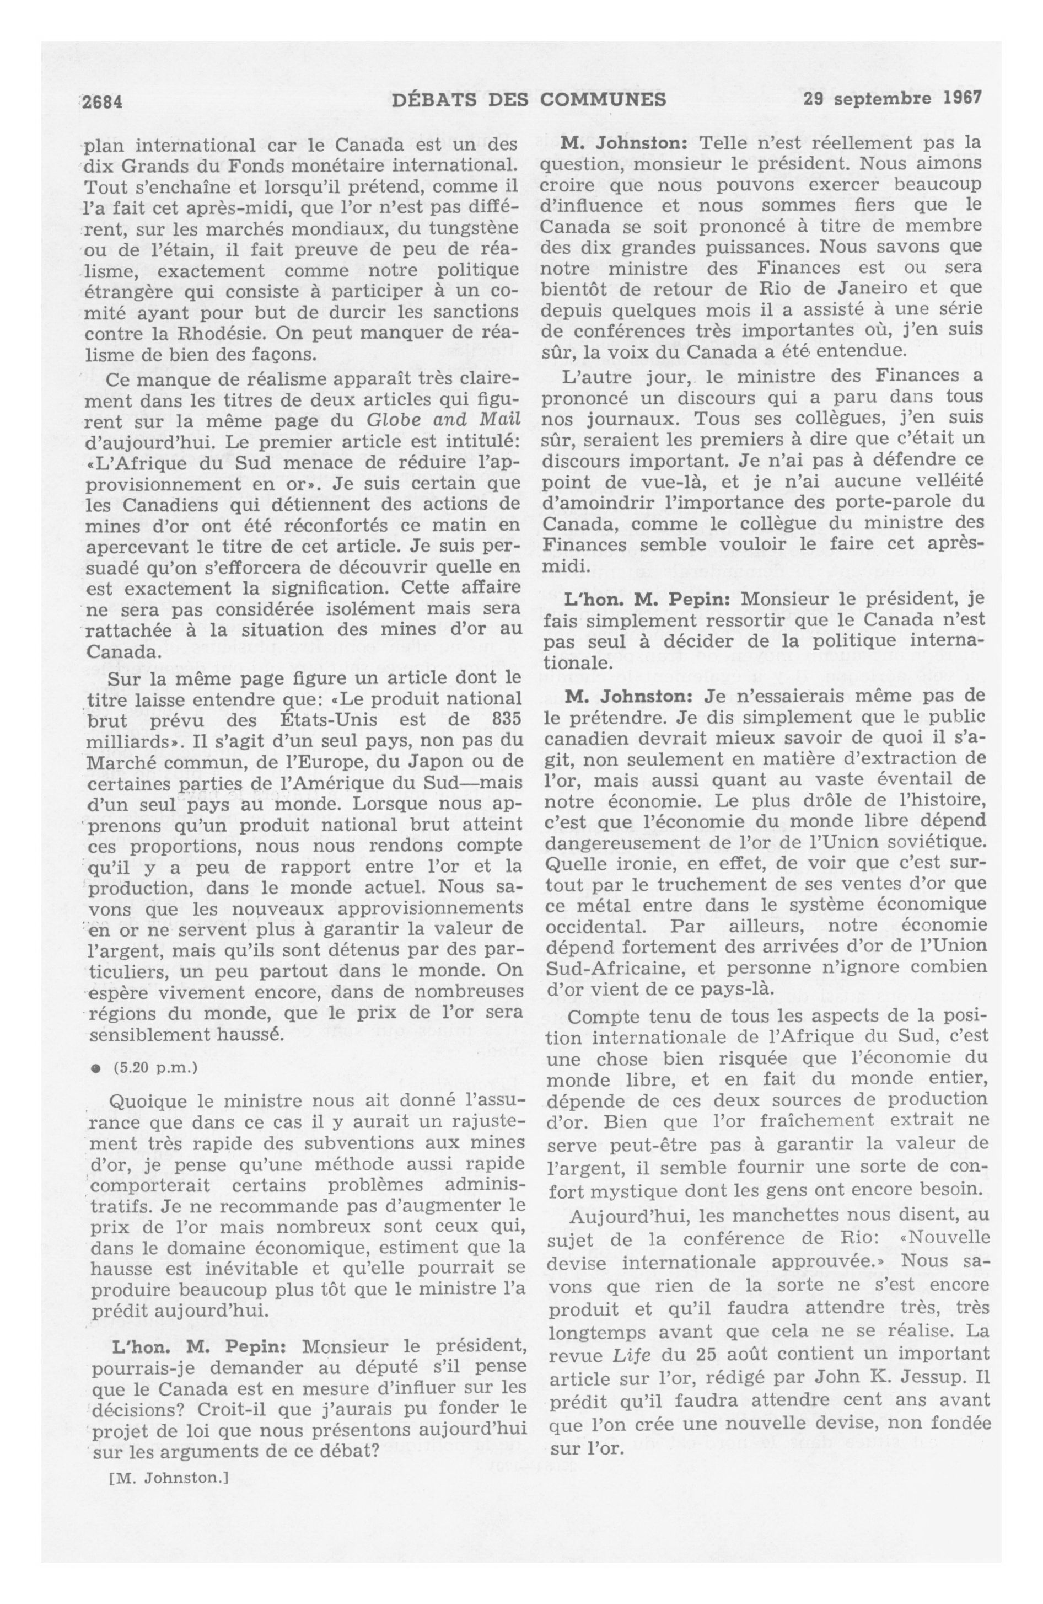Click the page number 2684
click(x=101, y=101)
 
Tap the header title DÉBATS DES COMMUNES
click(x=528, y=100)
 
